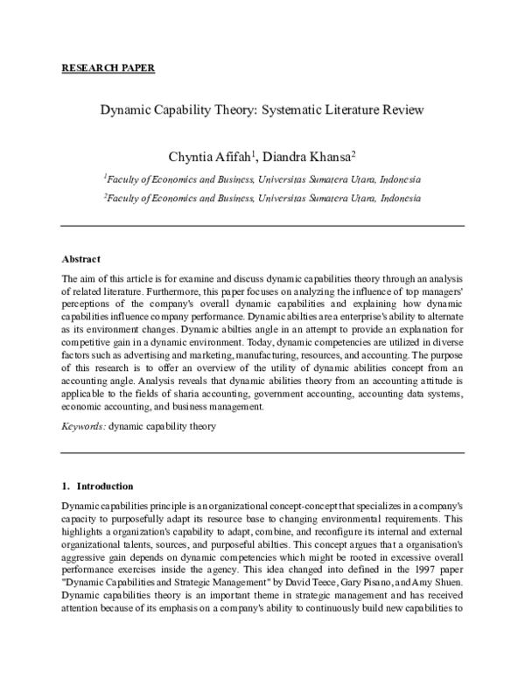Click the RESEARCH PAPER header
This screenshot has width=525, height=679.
click(x=108, y=67)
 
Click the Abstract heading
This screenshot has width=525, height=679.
click(x=80, y=259)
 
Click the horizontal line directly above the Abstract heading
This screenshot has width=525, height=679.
click(x=262, y=226)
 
